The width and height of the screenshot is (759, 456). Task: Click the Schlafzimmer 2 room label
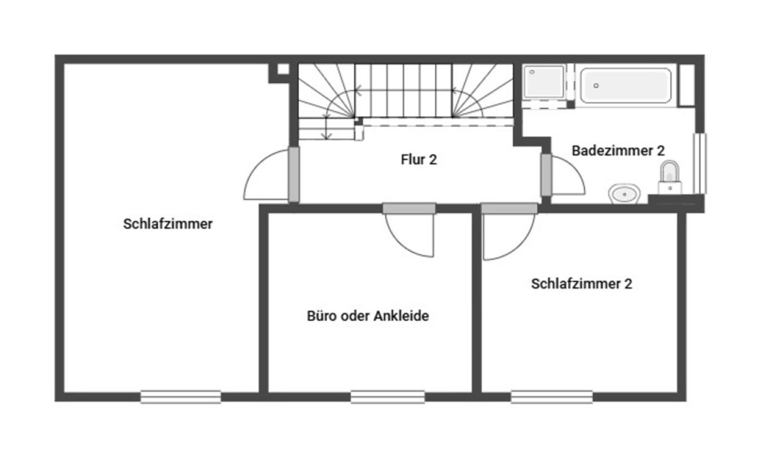pos(581,284)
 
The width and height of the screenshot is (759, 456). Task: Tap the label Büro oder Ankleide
pos(367,316)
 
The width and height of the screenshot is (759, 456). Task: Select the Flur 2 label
pos(419,160)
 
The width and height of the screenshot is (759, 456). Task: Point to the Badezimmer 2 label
pos(618,151)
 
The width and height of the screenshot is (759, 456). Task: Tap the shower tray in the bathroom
pos(544,82)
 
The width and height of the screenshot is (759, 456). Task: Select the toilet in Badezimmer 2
pos(669,176)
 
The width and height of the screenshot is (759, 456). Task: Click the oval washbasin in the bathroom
pos(624,194)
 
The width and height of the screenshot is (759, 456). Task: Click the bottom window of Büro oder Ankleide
pos(388,397)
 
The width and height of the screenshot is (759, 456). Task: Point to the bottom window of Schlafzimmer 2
pos(552,397)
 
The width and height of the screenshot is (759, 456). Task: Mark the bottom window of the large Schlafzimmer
pos(180,397)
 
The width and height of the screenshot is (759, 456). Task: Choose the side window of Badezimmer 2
pos(699,163)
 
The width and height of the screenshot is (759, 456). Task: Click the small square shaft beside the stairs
pos(283,69)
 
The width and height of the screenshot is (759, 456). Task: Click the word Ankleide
pos(401,316)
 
